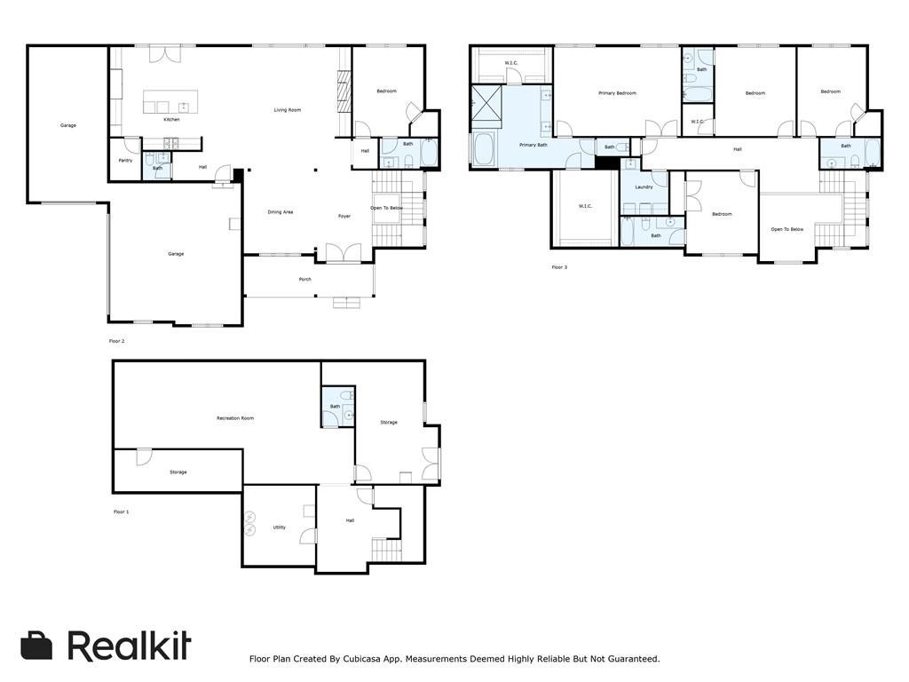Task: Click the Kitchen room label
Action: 171,119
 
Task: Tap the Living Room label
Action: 287,110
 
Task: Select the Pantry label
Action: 125,161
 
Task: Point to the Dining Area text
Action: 281,212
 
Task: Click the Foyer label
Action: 344,216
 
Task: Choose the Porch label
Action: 304,279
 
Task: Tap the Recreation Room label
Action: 235,418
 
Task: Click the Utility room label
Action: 279,527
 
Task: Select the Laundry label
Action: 644,187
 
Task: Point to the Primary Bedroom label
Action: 617,93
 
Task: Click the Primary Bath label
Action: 533,145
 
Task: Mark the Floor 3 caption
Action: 558,267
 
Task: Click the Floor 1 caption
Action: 121,512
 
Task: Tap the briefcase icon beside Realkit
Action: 36,646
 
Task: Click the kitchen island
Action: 170,101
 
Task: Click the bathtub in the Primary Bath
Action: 483,148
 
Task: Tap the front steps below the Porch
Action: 346,303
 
